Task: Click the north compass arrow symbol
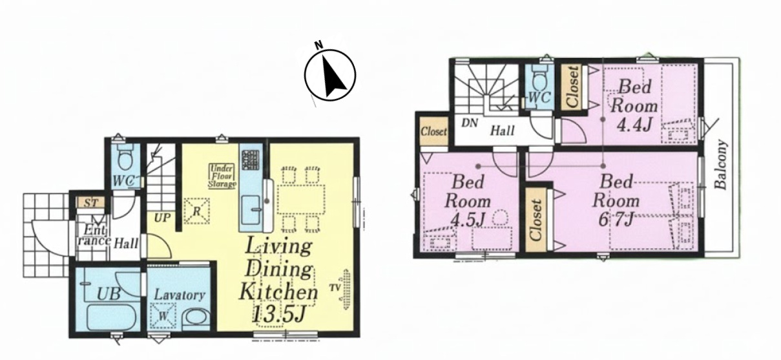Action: (330, 76)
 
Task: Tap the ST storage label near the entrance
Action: (90, 203)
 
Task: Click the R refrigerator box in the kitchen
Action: (196, 211)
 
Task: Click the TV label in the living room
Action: (335, 288)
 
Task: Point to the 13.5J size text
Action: (279, 314)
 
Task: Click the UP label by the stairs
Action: (163, 218)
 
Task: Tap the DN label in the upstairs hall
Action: (469, 123)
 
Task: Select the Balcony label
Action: (721, 164)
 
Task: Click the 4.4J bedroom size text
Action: (634, 125)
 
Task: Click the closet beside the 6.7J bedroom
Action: (536, 220)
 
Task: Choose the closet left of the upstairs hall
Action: (433, 131)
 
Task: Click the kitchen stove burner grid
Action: (251, 160)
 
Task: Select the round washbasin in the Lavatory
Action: (196, 318)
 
